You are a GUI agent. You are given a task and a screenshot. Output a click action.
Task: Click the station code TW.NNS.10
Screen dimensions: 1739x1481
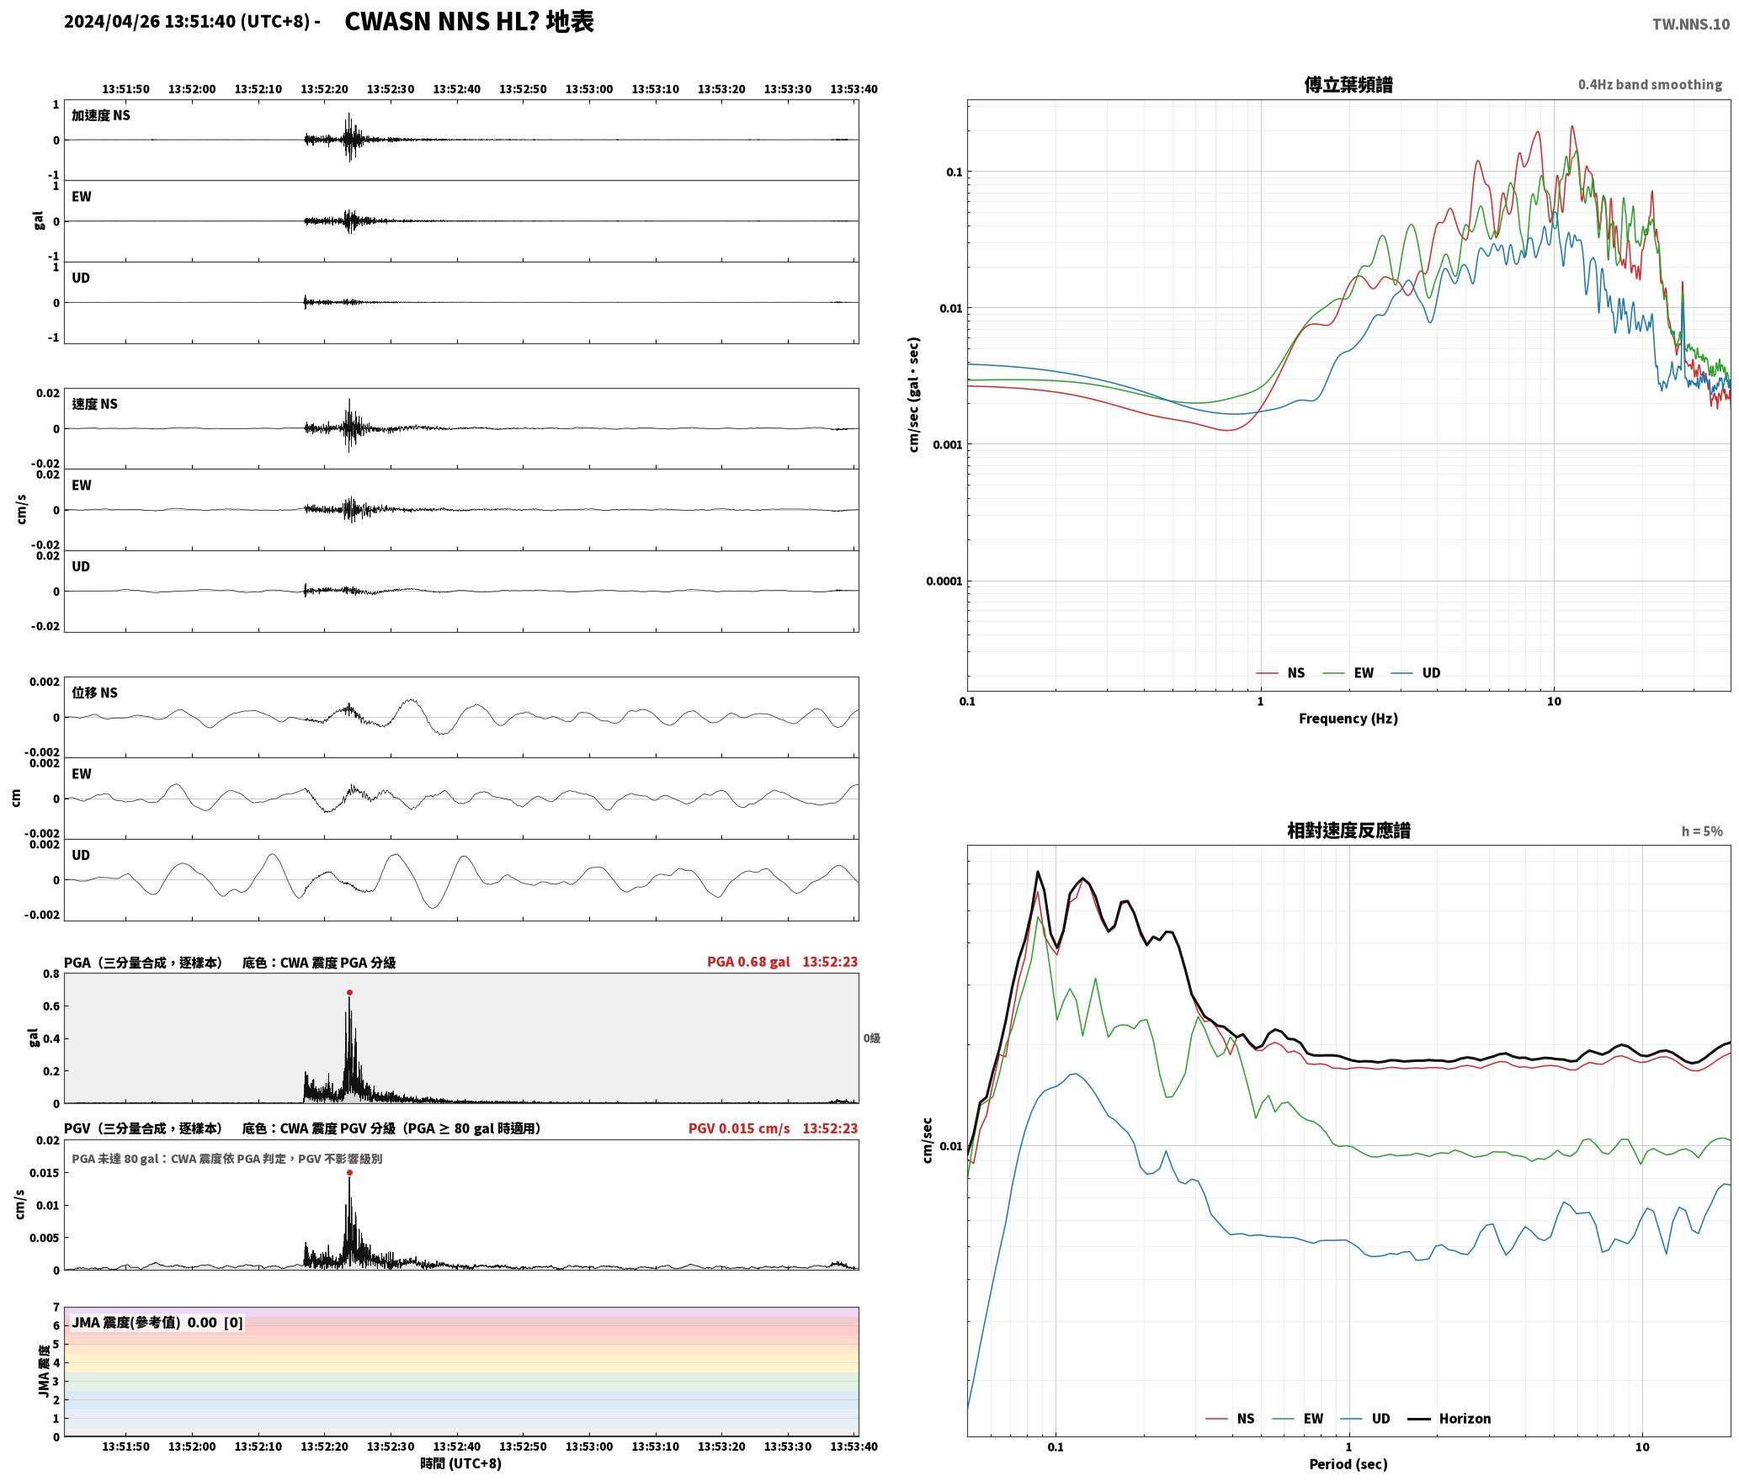tap(1690, 24)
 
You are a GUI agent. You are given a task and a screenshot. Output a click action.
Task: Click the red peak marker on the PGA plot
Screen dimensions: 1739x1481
tap(349, 993)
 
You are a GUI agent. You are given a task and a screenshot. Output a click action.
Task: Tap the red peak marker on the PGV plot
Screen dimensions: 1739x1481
tap(349, 1173)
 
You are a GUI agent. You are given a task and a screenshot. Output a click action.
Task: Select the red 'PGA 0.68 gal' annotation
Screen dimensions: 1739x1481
tap(748, 962)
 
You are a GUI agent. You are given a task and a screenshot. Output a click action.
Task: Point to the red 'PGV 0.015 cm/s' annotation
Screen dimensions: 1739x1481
tap(739, 1128)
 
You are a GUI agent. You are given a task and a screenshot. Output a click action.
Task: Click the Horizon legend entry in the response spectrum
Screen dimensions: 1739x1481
tap(1449, 1419)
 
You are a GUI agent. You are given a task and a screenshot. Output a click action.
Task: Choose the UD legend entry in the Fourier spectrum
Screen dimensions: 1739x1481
tap(1416, 673)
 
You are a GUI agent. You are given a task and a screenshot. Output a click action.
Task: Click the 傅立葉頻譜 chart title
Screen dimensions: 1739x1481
tap(1348, 85)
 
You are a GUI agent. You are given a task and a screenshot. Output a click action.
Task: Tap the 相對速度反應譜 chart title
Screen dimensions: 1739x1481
tap(1348, 831)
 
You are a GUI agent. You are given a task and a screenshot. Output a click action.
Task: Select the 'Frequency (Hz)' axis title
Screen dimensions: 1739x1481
tap(1348, 719)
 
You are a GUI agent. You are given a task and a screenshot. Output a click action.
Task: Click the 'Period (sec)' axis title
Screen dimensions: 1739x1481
tap(1348, 1464)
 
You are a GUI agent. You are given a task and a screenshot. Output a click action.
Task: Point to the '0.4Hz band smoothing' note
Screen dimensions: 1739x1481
tap(1650, 85)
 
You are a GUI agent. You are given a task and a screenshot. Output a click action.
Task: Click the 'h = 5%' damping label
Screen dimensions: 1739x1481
tap(1702, 831)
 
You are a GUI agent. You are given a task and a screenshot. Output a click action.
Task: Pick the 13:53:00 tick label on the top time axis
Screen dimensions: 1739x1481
tap(589, 89)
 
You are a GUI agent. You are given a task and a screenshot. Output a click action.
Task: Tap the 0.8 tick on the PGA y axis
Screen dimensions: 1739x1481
tap(51, 974)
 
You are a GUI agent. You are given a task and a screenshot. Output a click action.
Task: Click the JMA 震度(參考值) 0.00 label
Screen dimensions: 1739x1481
tap(157, 1323)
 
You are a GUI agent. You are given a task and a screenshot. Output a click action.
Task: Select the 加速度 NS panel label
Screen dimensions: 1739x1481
tap(101, 115)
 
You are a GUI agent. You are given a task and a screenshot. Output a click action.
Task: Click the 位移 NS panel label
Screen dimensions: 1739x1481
tap(94, 693)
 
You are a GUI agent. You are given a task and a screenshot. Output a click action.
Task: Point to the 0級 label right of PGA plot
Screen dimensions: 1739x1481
tap(871, 1038)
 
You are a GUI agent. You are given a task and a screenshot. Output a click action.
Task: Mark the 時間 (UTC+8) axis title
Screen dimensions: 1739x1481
tap(461, 1463)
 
